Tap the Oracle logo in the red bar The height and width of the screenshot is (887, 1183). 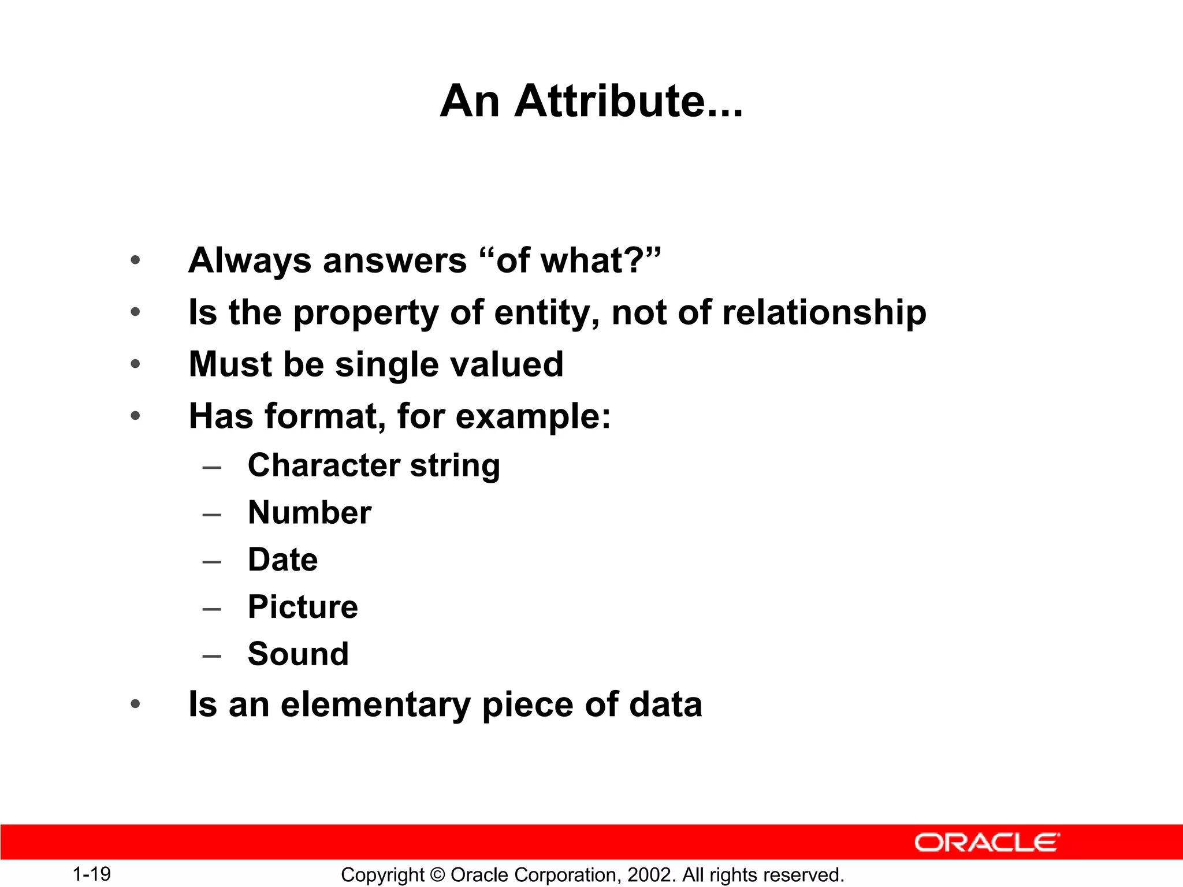point(987,843)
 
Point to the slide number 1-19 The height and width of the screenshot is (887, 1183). point(92,874)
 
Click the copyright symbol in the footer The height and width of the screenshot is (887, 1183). point(437,875)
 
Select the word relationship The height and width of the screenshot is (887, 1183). point(824,312)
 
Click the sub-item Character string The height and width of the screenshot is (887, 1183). point(374,465)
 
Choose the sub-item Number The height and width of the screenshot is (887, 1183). point(310,512)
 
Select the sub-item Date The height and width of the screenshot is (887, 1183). point(282,560)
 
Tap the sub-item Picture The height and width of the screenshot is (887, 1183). point(303,607)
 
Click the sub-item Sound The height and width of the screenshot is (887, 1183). point(298,654)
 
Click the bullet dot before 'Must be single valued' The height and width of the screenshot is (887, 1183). point(135,364)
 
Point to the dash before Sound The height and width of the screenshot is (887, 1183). point(212,655)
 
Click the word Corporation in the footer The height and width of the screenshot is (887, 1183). point(560,875)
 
